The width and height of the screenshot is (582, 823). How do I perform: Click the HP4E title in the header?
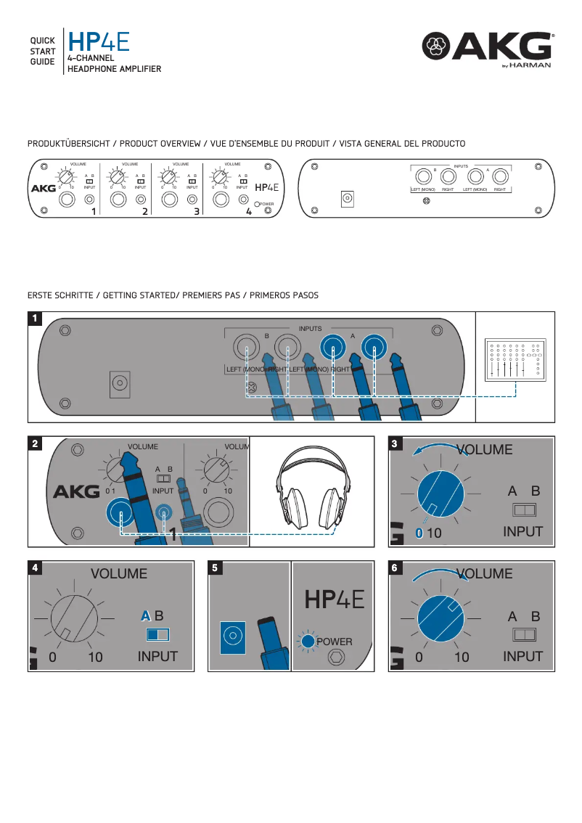click(x=99, y=41)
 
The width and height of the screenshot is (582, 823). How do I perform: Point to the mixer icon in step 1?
click(x=515, y=359)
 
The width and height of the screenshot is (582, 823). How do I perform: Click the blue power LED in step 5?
click(x=308, y=641)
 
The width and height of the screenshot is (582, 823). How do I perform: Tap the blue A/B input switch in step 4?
click(x=157, y=634)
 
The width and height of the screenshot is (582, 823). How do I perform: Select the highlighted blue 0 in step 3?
click(x=419, y=533)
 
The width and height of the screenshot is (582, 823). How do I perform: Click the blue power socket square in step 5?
click(x=232, y=636)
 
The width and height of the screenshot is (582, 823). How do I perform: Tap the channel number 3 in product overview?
click(x=197, y=212)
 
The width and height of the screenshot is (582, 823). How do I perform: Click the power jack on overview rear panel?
click(x=347, y=198)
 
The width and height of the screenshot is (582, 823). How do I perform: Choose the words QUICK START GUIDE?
click(x=42, y=52)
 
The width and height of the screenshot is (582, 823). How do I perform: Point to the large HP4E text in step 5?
click(x=334, y=599)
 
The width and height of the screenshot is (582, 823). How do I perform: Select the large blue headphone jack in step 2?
click(x=120, y=515)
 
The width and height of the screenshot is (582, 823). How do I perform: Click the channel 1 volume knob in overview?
click(x=65, y=177)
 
